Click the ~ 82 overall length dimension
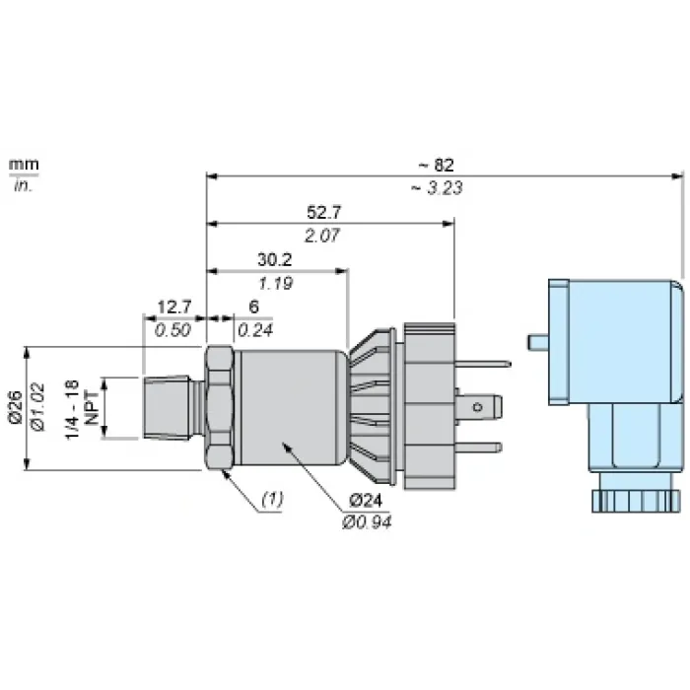(436, 165)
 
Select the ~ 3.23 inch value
(437, 188)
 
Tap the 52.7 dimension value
(324, 213)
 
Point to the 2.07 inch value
(322, 236)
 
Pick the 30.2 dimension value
(275, 259)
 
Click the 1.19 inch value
(275, 284)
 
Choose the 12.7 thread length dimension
(174, 307)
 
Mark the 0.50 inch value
(172, 330)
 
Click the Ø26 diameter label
(16, 406)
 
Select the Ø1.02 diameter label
(37, 407)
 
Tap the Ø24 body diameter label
(366, 501)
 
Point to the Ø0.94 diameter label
(367, 522)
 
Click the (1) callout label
(272, 499)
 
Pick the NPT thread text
(92, 409)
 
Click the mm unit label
(24, 165)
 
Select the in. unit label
(24, 185)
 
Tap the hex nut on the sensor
(219, 408)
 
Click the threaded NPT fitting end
(168, 407)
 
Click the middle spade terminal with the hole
(478, 407)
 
